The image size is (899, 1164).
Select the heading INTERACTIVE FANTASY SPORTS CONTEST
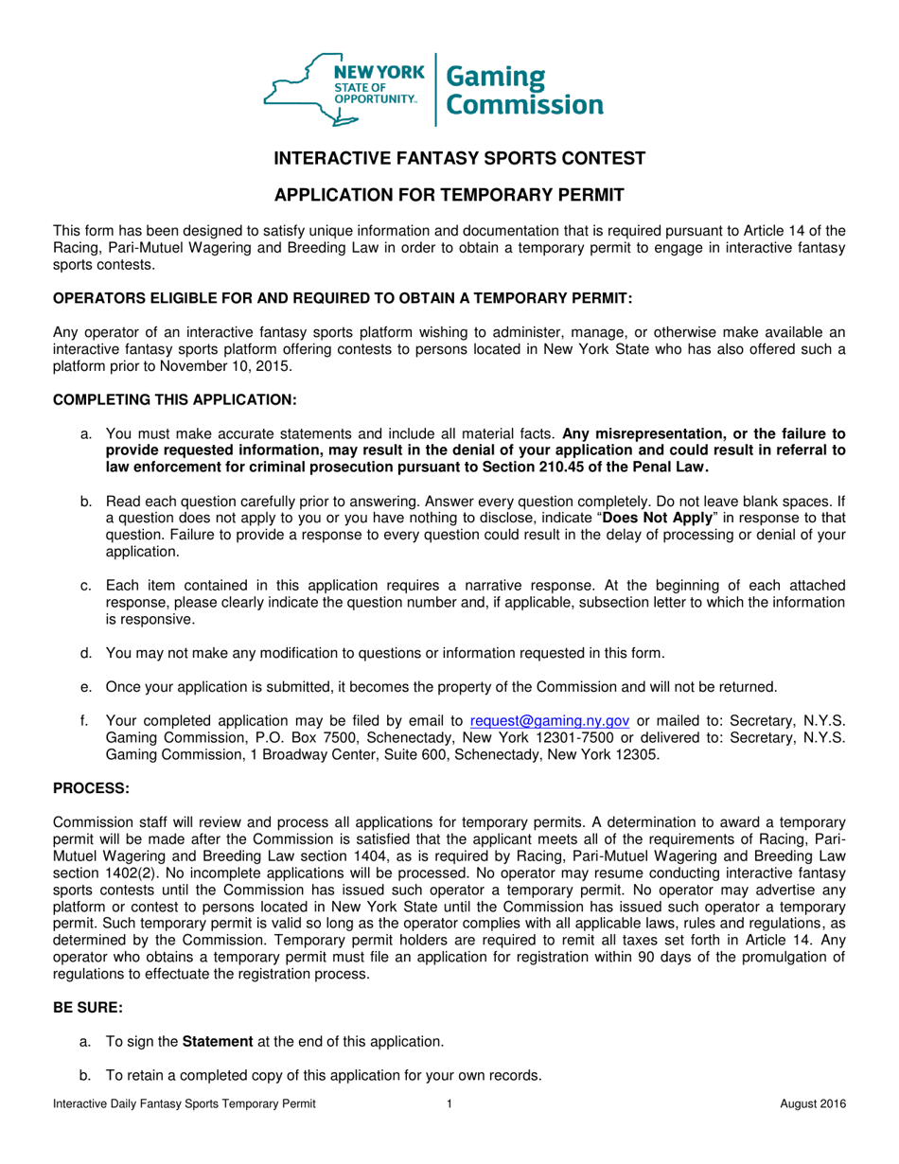449,159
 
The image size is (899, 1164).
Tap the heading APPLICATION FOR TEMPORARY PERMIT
449,196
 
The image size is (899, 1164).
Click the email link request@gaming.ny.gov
549,720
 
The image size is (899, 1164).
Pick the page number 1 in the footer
449,1104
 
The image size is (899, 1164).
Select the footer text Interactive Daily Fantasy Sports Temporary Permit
184,1104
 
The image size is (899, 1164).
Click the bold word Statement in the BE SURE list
217,1042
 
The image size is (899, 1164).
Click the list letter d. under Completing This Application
87,652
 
